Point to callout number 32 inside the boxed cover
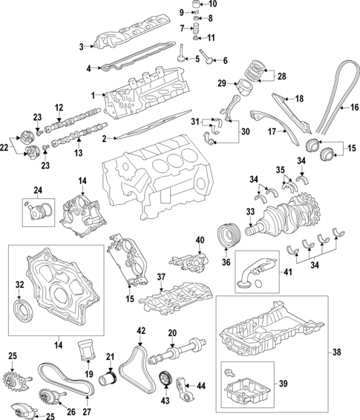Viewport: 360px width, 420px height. tap(19, 284)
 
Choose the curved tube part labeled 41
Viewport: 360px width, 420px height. tap(245, 276)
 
